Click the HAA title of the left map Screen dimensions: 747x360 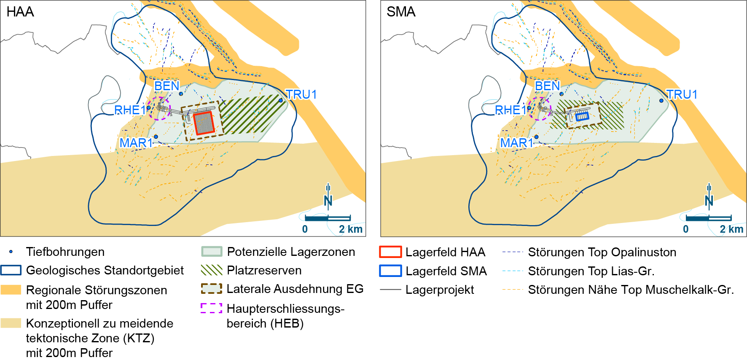click(x=20, y=12)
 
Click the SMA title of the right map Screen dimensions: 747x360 click(x=401, y=12)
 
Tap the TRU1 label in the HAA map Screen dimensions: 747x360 click(x=301, y=94)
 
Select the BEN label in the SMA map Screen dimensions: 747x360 click(x=547, y=86)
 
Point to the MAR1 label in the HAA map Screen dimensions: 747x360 click(x=136, y=143)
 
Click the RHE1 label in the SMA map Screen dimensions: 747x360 click(x=511, y=110)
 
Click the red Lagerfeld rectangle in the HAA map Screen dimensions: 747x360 click(x=204, y=123)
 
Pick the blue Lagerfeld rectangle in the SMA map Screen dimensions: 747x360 click(x=582, y=115)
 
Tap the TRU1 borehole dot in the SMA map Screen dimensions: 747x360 click(x=661, y=100)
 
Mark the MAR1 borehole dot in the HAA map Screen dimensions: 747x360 click(x=156, y=137)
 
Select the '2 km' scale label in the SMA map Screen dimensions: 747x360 click(x=731, y=229)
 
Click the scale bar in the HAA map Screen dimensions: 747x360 click(x=328, y=218)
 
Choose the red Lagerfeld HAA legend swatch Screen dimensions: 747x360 click(x=390, y=252)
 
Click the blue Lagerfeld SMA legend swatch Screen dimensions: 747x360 click(x=390, y=271)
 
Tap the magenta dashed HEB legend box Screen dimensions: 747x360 click(x=211, y=308)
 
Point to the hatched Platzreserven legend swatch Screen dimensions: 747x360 click(x=212, y=270)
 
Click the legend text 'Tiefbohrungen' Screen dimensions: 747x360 click(x=65, y=252)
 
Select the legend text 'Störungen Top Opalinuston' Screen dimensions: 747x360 click(x=602, y=252)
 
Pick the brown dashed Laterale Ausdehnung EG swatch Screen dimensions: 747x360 click(x=212, y=289)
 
